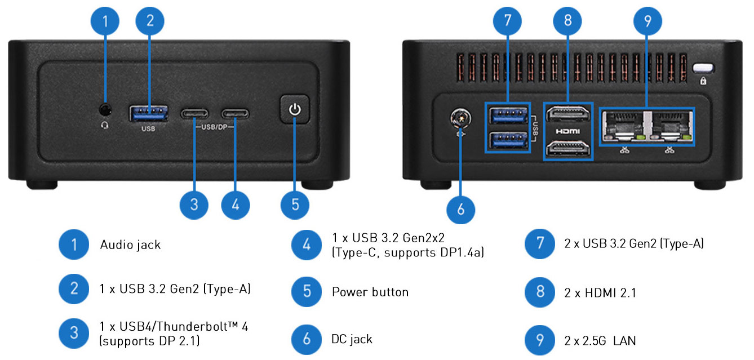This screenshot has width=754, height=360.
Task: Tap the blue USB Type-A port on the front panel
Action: [x=149, y=113]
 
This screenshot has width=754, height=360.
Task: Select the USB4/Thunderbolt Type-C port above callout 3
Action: [x=194, y=113]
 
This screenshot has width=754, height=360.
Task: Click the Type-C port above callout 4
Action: [x=236, y=113]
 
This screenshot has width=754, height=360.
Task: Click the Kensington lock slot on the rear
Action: [x=703, y=68]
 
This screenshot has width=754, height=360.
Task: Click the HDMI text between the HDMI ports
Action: [x=568, y=131]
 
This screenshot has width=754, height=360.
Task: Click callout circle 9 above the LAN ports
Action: [x=647, y=21]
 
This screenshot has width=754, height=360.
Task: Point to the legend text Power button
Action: [x=370, y=292]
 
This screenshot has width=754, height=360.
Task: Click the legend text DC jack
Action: [x=352, y=339]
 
